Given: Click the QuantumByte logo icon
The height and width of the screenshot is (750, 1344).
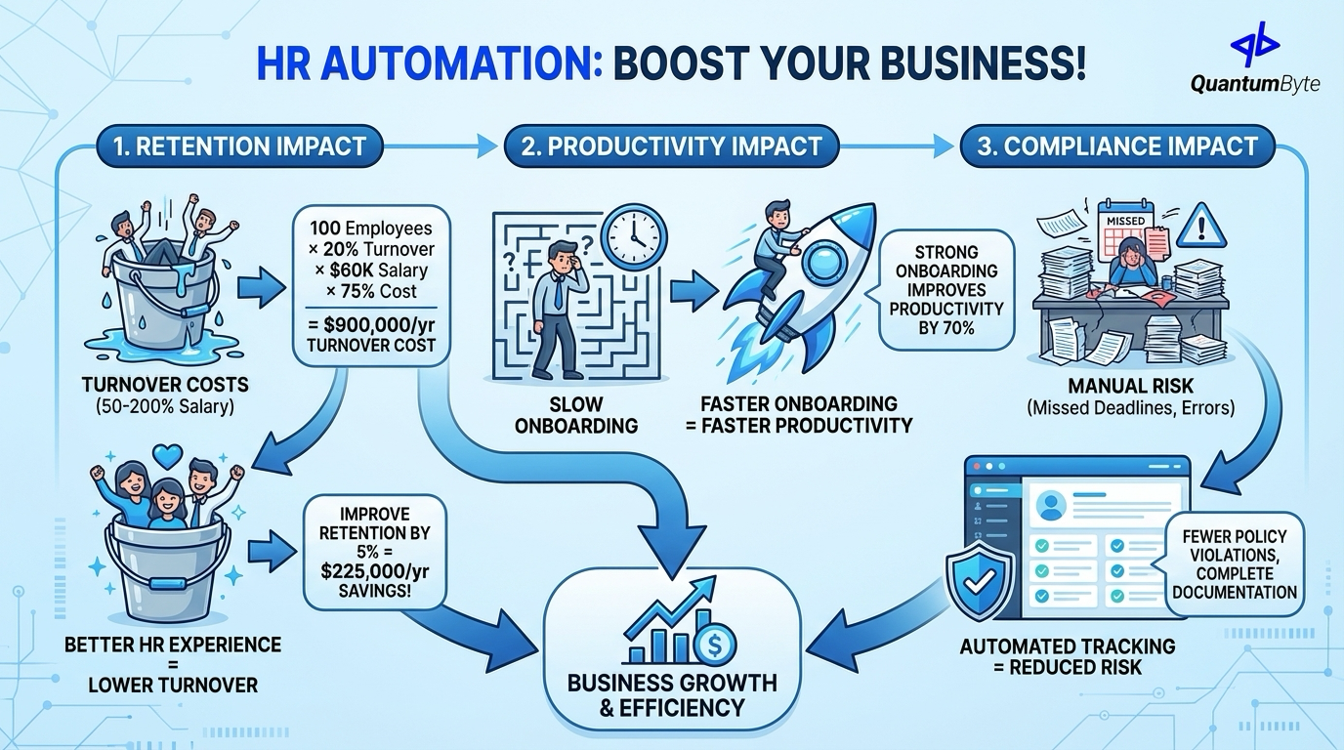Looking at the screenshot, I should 1254,44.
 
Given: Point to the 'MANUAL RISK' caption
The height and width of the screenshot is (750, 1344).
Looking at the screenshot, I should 1129,388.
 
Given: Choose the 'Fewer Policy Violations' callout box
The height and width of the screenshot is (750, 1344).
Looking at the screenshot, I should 1235,563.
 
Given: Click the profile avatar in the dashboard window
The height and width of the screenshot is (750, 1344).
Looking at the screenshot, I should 1051,505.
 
